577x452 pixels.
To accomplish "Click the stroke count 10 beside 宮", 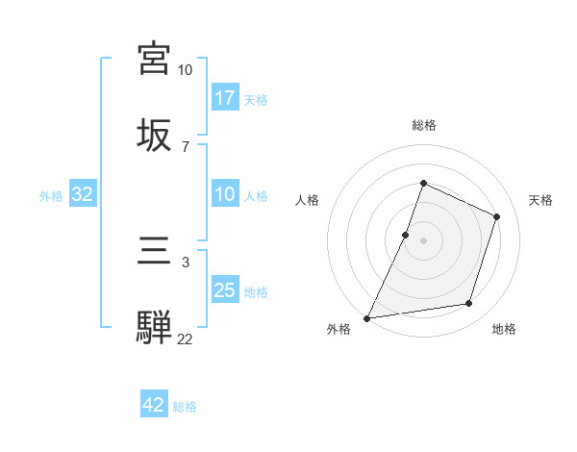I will point(185,70).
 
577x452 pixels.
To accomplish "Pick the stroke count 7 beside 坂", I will point(185,146).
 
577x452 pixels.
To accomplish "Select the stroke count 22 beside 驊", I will point(185,339).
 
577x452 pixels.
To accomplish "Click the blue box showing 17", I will point(225,98).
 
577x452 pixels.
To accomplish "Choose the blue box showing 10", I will point(225,195).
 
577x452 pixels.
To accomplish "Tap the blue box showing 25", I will point(225,290).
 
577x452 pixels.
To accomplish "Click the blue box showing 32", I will point(83,195).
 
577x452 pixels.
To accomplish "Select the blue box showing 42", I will point(154,405).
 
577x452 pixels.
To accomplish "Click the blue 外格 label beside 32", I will point(51,196).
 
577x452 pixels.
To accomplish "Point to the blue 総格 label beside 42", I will point(185,407).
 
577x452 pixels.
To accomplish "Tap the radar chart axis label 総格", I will point(423,125).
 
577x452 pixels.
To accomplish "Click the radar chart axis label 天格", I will point(540,200).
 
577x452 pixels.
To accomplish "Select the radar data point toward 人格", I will point(406,235).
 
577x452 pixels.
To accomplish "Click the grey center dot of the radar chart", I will point(423,239).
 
